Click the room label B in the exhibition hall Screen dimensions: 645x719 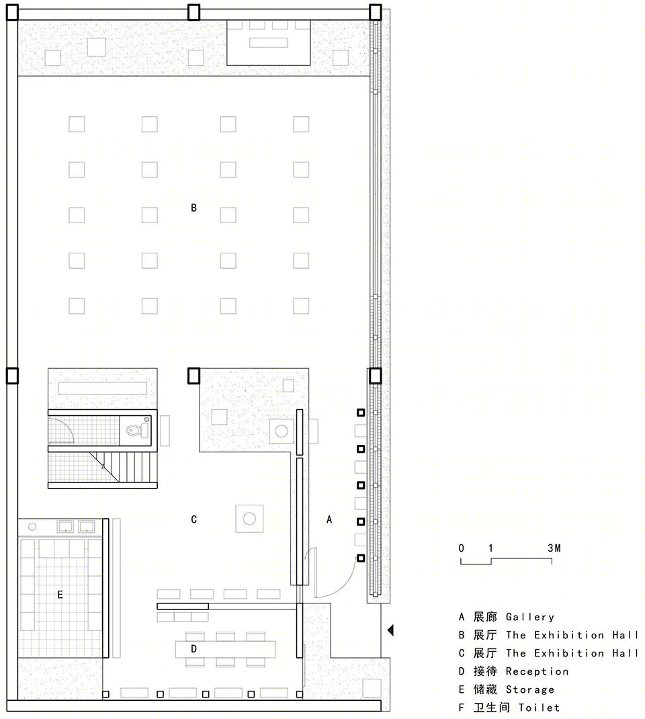pos(193,208)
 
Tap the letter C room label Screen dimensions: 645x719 pos(193,519)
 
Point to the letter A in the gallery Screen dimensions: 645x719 pos(329,519)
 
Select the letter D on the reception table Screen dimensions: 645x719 pos(193,649)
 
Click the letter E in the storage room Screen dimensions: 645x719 pos(60,595)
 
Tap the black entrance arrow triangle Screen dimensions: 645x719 pos(390,630)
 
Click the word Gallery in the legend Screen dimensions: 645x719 pos(530,618)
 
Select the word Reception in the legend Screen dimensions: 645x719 pos(537,671)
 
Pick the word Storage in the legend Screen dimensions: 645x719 pos(530,689)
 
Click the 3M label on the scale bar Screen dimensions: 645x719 pos(554,548)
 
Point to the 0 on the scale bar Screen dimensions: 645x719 pos(461,548)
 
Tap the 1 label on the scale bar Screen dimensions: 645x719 pos(490,548)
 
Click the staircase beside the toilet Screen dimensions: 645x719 pos(124,467)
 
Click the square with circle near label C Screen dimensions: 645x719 pos(249,519)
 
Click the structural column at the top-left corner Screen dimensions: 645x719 pos(12,12)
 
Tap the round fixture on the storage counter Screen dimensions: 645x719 pos(32,526)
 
